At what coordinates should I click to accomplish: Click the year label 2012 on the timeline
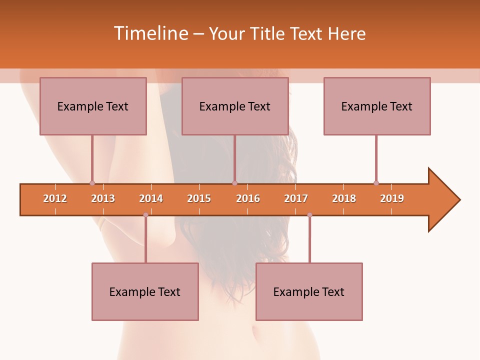point(55,198)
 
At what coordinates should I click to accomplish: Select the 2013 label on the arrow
point(103,198)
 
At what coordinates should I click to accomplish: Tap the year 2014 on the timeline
point(151,198)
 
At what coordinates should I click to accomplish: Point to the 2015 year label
point(199,198)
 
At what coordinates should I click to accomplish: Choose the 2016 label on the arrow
point(248,198)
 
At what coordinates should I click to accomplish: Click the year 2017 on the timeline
point(296,198)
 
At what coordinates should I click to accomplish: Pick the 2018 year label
point(344,198)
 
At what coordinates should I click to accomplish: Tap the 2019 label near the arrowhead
point(392,198)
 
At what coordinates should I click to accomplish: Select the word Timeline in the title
point(150,33)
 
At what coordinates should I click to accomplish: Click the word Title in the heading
point(269,33)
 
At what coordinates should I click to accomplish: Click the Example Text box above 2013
point(93,106)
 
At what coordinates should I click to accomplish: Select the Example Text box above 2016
point(235,106)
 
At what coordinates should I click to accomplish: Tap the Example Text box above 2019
point(377,106)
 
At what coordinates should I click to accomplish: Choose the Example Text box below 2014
point(145,291)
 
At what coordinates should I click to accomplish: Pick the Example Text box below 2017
point(309,291)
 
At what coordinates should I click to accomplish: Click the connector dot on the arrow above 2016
point(234,183)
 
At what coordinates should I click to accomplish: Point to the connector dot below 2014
point(145,215)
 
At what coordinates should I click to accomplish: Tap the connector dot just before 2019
point(376,183)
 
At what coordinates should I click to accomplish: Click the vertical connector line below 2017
point(309,240)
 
